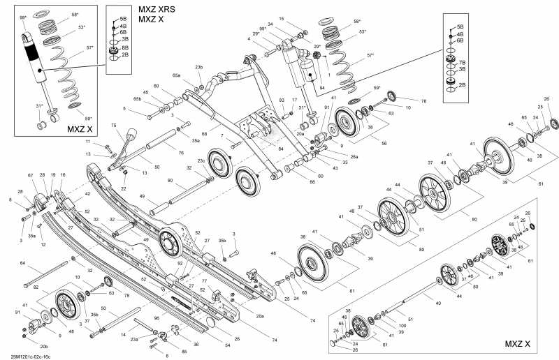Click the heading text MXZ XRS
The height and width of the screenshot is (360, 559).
coord(157,9)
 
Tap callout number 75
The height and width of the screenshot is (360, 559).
coord(114,126)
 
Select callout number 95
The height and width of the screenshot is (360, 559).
coord(157,319)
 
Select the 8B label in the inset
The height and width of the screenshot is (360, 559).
coord(125,47)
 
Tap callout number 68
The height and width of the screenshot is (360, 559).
coord(204,133)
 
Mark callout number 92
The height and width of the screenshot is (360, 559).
coord(180,263)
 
